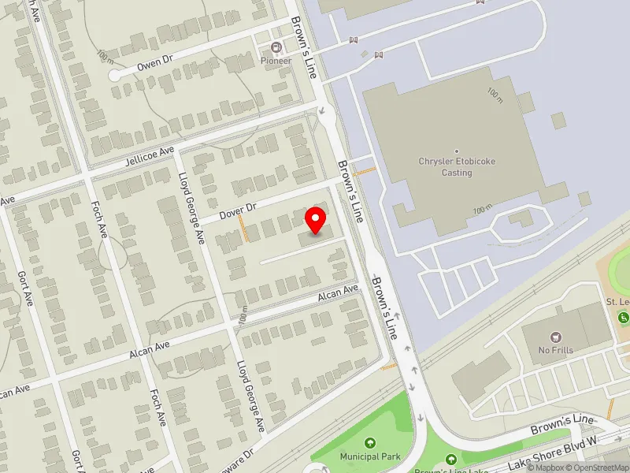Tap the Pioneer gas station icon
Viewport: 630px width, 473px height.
pyautogui.click(x=276, y=47)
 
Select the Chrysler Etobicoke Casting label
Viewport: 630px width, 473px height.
pyautogui.click(x=457, y=167)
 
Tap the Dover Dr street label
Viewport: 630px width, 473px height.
pyautogui.click(x=239, y=210)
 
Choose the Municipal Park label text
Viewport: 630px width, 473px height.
pyautogui.click(x=370, y=456)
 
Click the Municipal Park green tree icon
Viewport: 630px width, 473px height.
pyautogui.click(x=370, y=443)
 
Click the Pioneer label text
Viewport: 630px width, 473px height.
pyautogui.click(x=276, y=61)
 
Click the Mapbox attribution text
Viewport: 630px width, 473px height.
pyautogui.click(x=547, y=467)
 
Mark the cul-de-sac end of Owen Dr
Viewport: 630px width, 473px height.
pyautogui.click(x=115, y=76)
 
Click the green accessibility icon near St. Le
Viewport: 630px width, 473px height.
pyautogui.click(x=624, y=318)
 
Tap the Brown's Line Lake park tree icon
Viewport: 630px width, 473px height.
pyautogui.click(x=451, y=460)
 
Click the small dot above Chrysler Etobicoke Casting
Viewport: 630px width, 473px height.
pyautogui.click(x=457, y=151)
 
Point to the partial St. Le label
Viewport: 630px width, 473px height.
pyautogui.click(x=617, y=302)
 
